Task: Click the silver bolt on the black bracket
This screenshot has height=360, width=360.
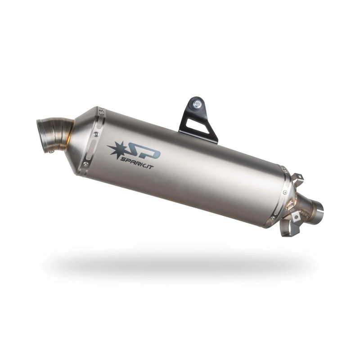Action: point(197,103)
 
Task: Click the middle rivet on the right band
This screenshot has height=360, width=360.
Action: point(284,192)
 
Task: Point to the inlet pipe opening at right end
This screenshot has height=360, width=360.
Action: point(320,211)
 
